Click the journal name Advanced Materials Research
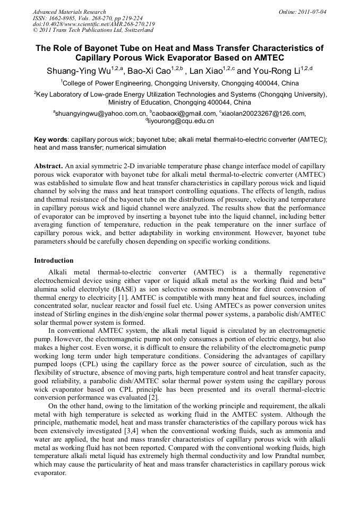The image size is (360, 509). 69,12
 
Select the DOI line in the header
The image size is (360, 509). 93,24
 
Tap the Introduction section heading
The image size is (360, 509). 54,261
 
